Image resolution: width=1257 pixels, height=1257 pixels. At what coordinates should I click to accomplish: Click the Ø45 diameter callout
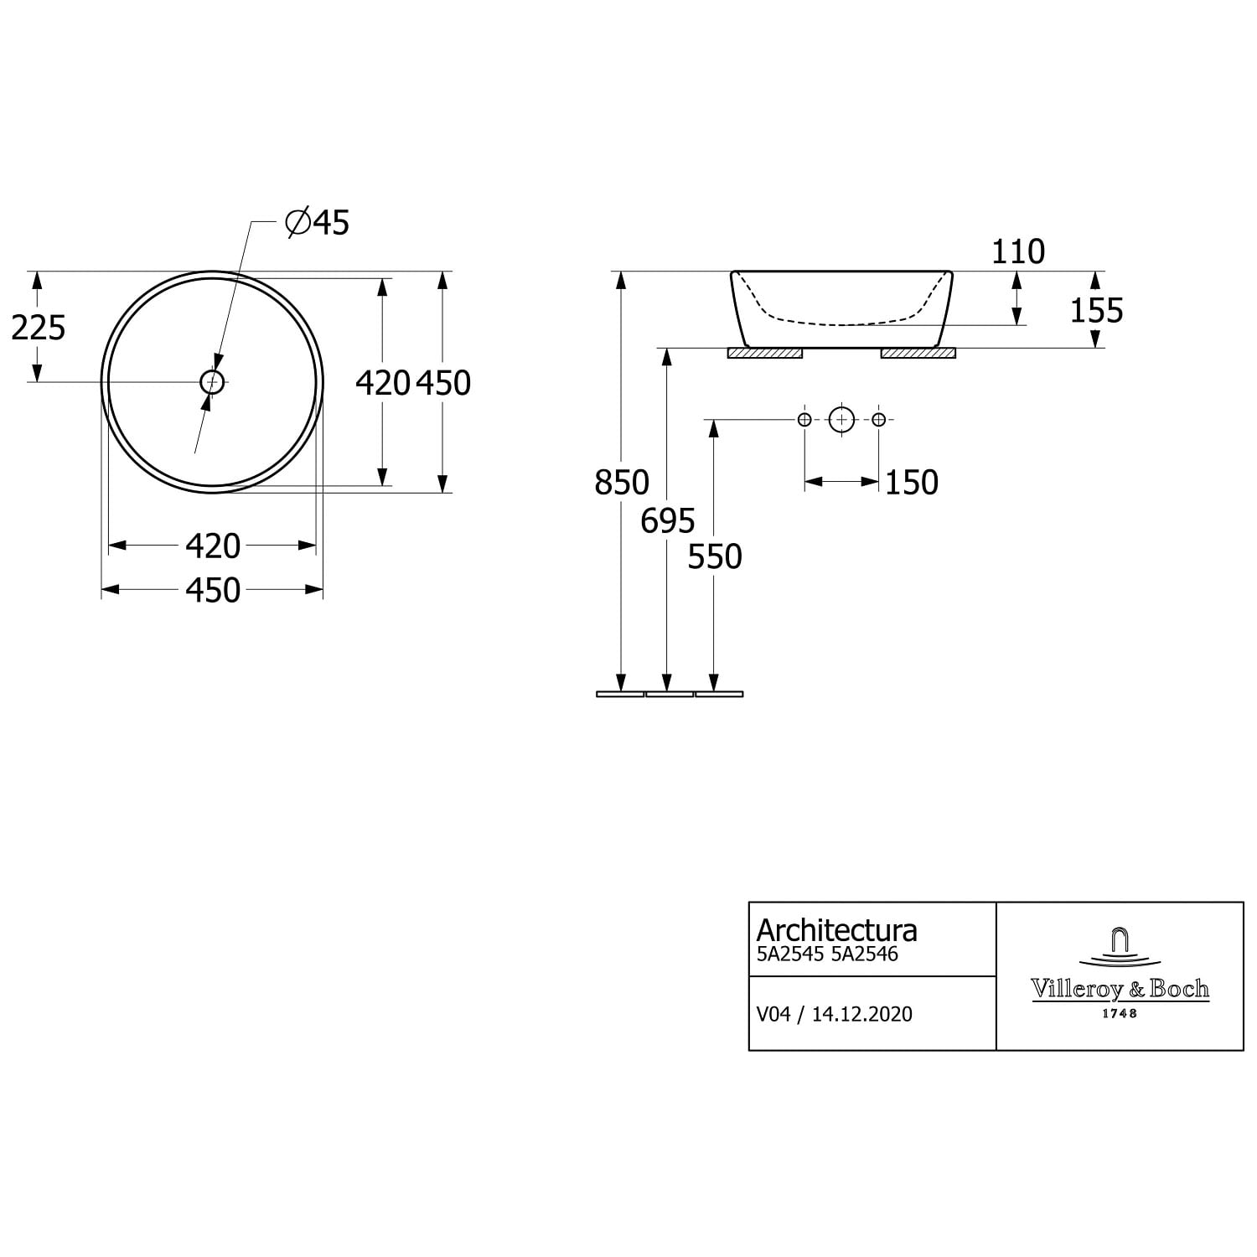click(317, 222)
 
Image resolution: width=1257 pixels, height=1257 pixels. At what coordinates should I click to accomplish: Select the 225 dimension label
click(38, 328)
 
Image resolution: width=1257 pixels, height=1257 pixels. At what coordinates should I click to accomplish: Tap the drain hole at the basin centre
click(213, 382)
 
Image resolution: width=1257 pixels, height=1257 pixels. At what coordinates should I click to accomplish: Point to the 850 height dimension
click(621, 483)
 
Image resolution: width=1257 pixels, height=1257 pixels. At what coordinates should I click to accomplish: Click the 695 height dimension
click(668, 521)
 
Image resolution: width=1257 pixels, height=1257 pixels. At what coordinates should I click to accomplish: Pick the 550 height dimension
click(715, 556)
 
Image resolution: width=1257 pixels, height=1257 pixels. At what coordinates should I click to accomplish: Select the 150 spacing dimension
click(912, 483)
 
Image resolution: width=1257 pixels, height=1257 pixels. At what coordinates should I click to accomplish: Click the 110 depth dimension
click(1018, 251)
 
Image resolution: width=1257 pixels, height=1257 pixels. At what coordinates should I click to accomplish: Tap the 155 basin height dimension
click(1096, 311)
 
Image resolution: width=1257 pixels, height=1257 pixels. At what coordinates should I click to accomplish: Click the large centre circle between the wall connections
click(841, 419)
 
